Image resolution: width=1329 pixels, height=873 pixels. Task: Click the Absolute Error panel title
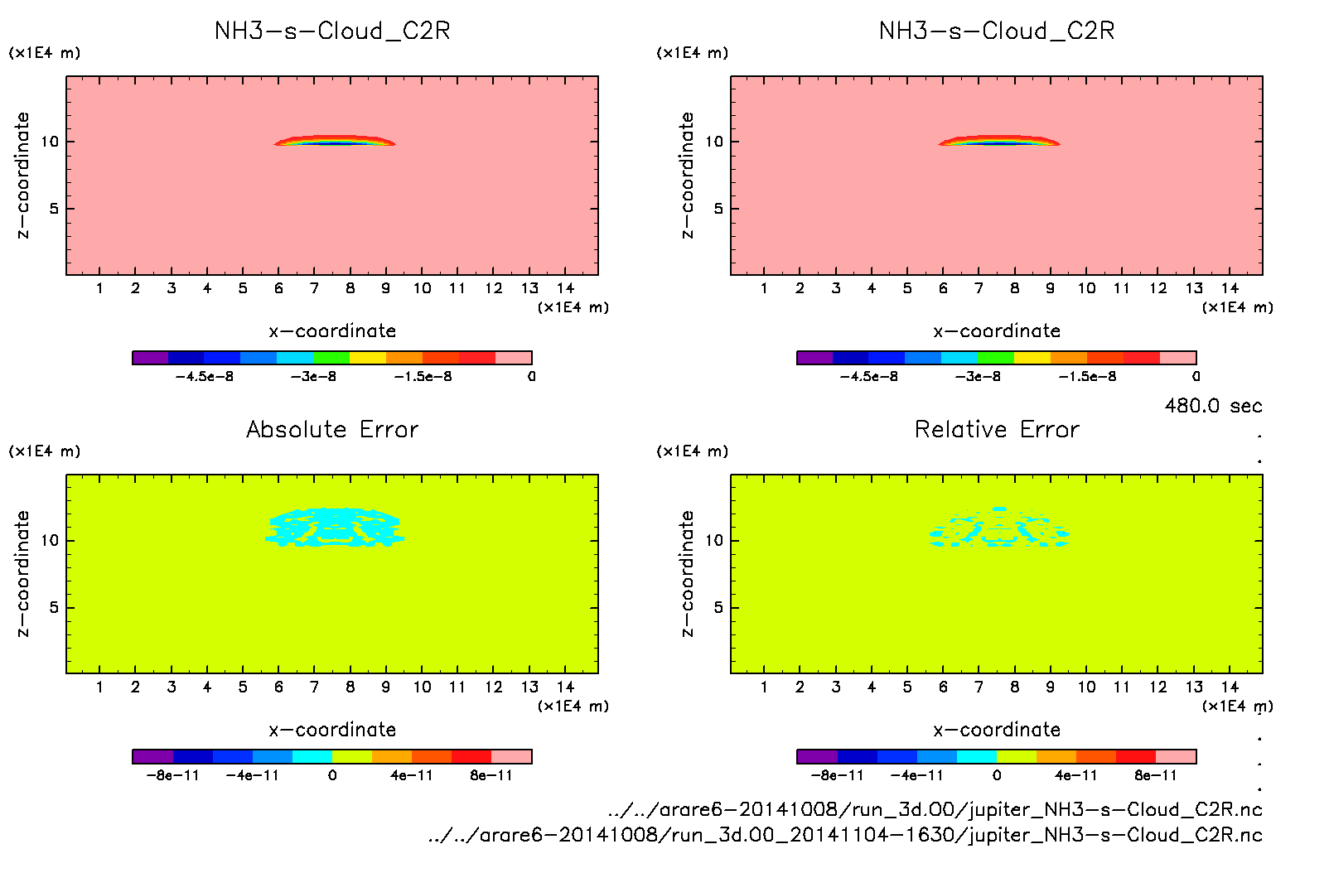pyautogui.click(x=332, y=429)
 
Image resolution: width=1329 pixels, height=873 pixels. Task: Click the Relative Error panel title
pyautogui.click(x=997, y=429)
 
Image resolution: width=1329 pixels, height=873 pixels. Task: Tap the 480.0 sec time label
pyautogui.click(x=1213, y=406)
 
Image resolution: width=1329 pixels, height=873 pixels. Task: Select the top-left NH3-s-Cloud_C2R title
pyautogui.click(x=332, y=31)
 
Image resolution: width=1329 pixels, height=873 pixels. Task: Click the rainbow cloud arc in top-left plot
pyautogui.click(x=335, y=140)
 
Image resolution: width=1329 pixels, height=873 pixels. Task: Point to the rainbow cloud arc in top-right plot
pyautogui.click(x=999, y=140)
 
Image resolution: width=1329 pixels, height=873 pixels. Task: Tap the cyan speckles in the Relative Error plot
pyautogui.click(x=998, y=531)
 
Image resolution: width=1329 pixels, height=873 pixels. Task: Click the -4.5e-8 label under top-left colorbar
pyautogui.click(x=205, y=377)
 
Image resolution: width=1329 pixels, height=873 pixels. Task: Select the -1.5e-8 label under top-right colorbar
pyautogui.click(x=1087, y=377)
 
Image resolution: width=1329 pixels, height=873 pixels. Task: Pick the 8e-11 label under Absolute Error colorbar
pyautogui.click(x=491, y=776)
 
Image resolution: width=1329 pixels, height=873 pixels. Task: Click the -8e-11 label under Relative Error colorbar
pyautogui.click(x=837, y=776)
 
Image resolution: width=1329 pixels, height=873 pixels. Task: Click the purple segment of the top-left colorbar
pyautogui.click(x=150, y=358)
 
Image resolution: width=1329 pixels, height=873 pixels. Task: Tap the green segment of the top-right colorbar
pyautogui.click(x=995, y=358)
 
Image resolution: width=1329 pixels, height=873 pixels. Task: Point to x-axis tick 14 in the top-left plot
pyautogui.click(x=566, y=288)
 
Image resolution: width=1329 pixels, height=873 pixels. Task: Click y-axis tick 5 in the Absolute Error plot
pyautogui.click(x=54, y=608)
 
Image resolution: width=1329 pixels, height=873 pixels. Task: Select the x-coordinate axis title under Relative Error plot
pyautogui.click(x=997, y=730)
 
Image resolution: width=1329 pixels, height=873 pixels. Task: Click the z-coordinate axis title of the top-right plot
pyautogui.click(x=687, y=176)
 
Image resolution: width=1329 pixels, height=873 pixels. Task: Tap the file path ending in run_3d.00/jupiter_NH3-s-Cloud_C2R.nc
pyautogui.click(x=935, y=809)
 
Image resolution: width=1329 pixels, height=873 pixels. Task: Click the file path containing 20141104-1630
pyautogui.click(x=845, y=835)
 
